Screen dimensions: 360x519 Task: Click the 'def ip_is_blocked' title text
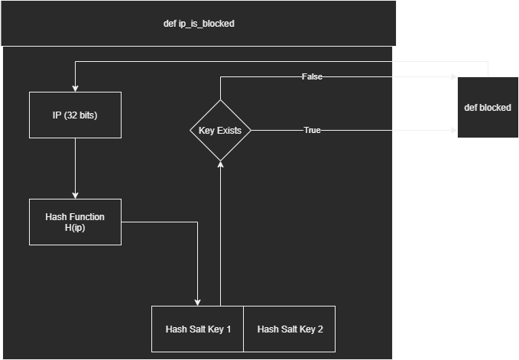point(199,24)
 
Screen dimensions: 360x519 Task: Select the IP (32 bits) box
point(75,115)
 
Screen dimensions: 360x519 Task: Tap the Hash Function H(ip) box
point(75,222)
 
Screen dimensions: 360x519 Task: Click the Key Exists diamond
point(220,130)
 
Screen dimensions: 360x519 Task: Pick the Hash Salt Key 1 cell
point(198,329)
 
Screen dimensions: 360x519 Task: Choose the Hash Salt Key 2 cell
point(290,329)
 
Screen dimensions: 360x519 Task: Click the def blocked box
point(488,107)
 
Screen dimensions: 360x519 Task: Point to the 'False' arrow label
point(313,76)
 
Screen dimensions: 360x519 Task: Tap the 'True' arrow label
point(312,130)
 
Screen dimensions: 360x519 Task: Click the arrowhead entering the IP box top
point(75,88)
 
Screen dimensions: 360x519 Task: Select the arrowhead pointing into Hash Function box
point(75,195)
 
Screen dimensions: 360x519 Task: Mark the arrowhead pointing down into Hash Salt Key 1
point(198,302)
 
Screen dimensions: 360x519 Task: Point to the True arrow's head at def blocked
point(453,130)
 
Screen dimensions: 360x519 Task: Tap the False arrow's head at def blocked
point(453,76)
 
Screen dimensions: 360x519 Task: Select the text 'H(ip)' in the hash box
point(75,228)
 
